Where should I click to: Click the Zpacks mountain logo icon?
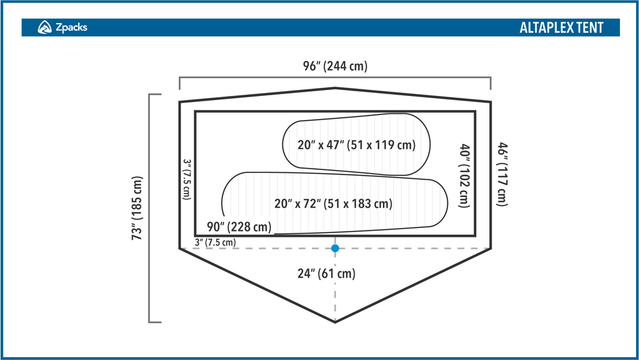click(44, 27)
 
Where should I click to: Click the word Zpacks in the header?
click(72, 27)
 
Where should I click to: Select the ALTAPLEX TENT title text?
click(561, 28)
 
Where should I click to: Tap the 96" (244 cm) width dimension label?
click(335, 66)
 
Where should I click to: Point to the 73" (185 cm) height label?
click(137, 208)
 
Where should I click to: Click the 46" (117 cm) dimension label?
click(502, 175)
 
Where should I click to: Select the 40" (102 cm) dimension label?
click(464, 176)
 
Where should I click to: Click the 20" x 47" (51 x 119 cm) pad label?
click(357, 144)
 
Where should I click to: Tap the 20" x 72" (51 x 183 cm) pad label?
click(333, 204)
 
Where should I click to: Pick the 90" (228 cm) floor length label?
click(239, 227)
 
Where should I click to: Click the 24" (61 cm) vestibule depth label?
click(327, 273)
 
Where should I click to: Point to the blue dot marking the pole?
click(335, 248)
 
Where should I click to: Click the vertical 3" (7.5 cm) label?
click(186, 179)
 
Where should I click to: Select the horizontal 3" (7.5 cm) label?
click(215, 242)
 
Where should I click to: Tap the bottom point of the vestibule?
click(335, 322)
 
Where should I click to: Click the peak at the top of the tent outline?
click(335, 88)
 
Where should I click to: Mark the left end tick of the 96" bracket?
click(180, 83)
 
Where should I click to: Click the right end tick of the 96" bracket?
click(490, 83)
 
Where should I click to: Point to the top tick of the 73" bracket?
click(155, 95)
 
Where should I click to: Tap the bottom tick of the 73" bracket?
click(155, 323)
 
